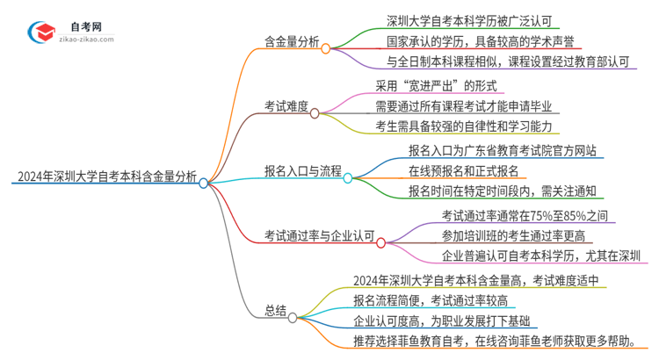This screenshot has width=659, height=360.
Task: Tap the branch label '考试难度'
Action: click(286, 106)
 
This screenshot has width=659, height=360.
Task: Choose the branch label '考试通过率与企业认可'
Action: click(320, 234)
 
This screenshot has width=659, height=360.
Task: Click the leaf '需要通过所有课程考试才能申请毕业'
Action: click(463, 106)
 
